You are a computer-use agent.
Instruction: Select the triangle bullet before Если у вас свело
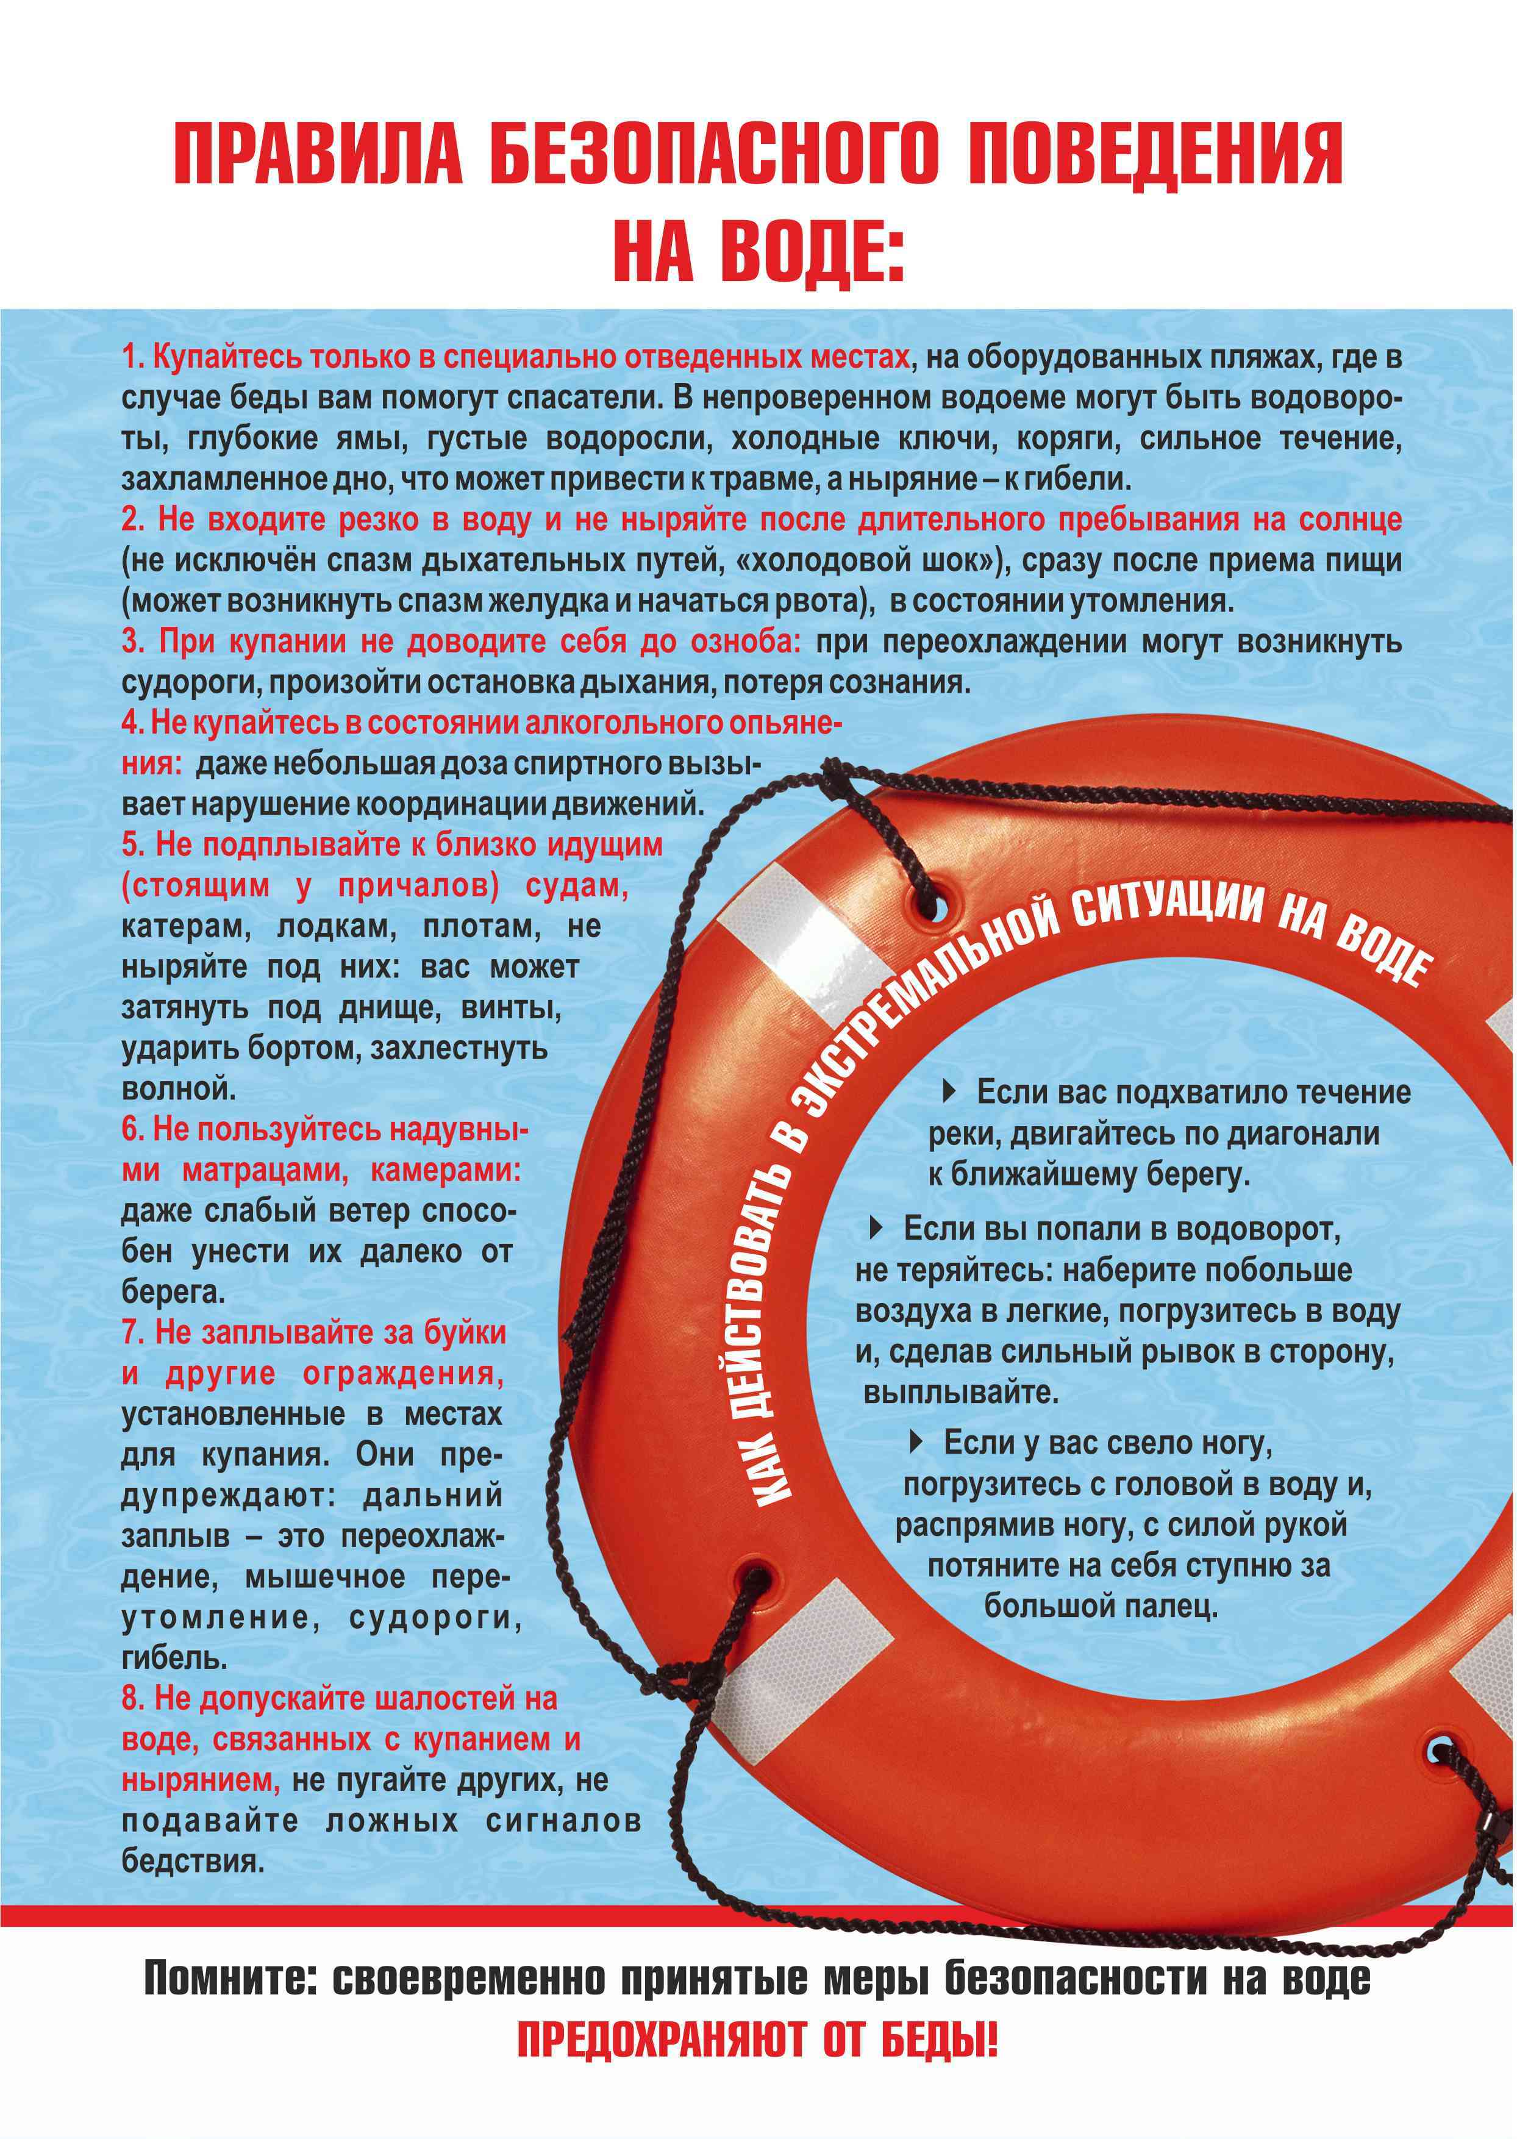tap(917, 1442)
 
